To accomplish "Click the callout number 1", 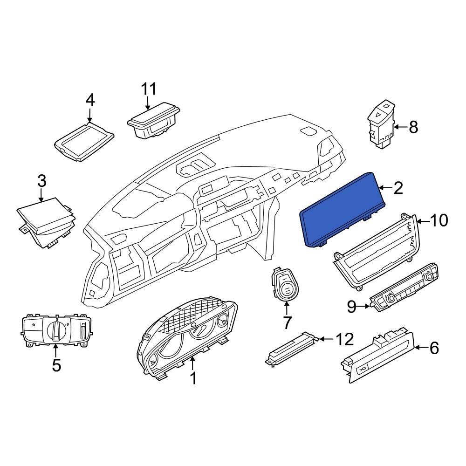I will point(193,378).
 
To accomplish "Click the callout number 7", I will point(287,322).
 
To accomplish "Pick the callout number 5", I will point(56,365).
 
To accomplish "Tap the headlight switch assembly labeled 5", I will point(56,331).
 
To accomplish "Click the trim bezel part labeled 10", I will point(373,252).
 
